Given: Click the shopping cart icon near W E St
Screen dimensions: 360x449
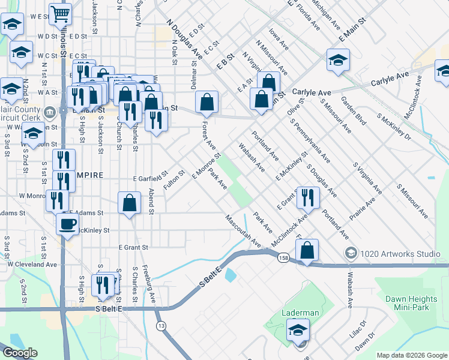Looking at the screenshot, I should tap(60, 13).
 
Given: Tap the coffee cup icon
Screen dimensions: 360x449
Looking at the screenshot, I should tap(67, 224).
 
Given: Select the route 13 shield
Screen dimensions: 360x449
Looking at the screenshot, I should tap(161, 326).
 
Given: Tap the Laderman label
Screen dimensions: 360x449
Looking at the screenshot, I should tap(300, 313).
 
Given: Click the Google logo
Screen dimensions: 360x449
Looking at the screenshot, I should tap(20, 353).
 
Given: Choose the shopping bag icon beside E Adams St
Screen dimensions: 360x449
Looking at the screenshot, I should tap(129, 203).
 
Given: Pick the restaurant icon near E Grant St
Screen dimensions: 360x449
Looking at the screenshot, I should tap(307, 196).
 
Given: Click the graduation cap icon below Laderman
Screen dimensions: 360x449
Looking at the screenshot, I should tap(298, 330).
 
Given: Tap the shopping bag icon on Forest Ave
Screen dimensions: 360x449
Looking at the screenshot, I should tap(207, 103).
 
